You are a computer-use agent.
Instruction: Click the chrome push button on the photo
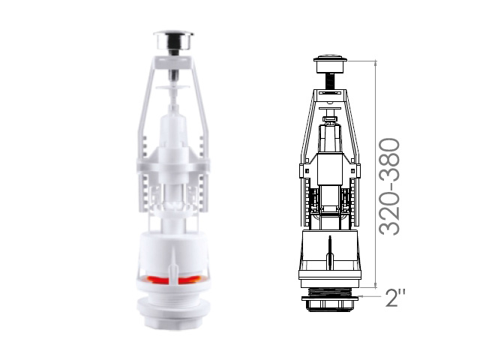173,40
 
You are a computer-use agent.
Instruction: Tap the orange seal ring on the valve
173,279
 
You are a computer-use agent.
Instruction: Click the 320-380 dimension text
389,187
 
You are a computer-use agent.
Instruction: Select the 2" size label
395,298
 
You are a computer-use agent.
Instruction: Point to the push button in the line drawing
330,63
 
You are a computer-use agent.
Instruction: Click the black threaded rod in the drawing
330,82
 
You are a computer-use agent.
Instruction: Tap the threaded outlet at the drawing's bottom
330,292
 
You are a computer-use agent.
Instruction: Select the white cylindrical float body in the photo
173,250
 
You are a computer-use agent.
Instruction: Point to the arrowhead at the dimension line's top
376,63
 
